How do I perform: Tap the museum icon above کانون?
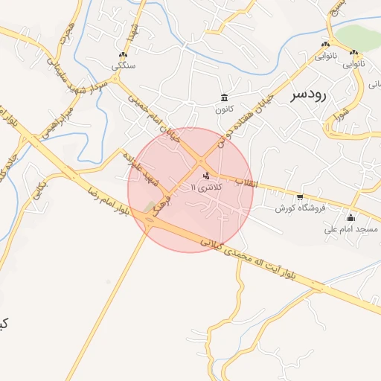pos(225,97)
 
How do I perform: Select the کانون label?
pos(225,109)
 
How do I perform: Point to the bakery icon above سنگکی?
pos(123,54)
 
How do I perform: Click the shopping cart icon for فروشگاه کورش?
pos(299,198)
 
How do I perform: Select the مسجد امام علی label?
pos(350,229)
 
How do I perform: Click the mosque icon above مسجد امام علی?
pos(351,218)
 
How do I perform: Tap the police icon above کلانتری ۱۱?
pos(206,176)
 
